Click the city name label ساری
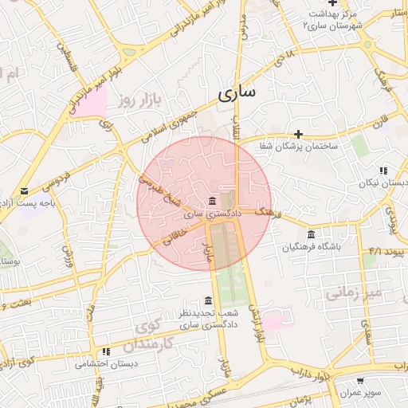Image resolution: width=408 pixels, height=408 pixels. [237, 92]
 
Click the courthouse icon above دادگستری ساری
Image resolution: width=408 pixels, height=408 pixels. [210, 200]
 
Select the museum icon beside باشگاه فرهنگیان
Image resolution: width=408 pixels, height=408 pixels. [310, 234]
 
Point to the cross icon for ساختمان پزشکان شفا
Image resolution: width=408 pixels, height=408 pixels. [298, 135]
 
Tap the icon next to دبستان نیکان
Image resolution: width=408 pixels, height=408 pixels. [383, 171]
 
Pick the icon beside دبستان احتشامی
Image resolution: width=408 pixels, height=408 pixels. [105, 351]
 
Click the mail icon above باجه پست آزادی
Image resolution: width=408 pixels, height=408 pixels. [26, 191]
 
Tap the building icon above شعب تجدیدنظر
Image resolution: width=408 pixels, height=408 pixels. [209, 300]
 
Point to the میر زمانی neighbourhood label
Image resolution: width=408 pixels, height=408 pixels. [354, 292]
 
